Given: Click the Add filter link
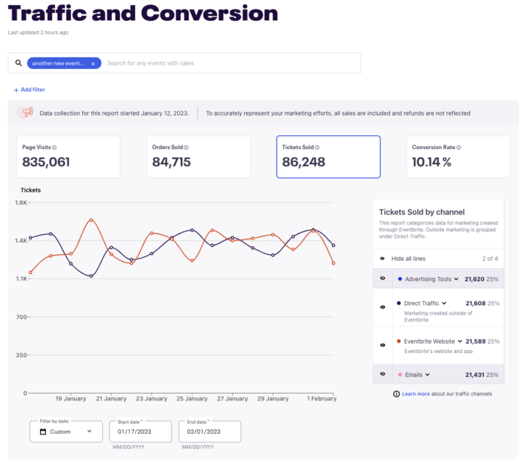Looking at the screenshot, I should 29,89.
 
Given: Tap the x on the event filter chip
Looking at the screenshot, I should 93,63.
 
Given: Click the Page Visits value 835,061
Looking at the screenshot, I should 46,162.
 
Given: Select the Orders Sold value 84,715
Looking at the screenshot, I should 171,162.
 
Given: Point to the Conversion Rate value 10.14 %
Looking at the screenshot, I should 431,162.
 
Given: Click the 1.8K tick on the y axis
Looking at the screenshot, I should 20,202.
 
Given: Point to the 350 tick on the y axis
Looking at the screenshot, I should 20,355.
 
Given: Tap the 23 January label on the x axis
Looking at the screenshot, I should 152,399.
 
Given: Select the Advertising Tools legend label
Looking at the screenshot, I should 428,278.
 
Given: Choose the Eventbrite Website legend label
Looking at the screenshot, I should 429,341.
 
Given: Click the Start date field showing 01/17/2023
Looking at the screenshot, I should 139,432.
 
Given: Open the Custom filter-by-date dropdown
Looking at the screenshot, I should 66,431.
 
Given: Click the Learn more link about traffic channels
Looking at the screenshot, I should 415,394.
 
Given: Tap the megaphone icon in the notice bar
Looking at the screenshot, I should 28,113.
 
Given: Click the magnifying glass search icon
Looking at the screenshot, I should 19,63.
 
